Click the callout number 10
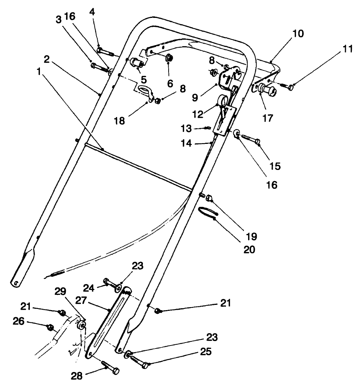pos(298,34)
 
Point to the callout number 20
pos(250,249)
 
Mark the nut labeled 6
pos(168,58)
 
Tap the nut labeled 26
pos(49,327)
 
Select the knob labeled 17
pos(267,90)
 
